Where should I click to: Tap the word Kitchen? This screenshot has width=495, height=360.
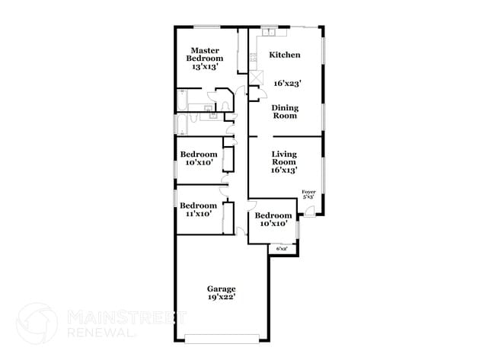tap(286, 55)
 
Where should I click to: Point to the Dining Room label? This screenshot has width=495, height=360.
tap(286, 112)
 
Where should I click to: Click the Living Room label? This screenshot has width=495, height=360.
tap(284, 158)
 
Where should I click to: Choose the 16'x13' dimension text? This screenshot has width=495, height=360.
tap(284, 170)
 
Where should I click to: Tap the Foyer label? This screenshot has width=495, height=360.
tap(308, 192)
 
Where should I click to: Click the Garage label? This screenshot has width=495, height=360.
tap(222, 288)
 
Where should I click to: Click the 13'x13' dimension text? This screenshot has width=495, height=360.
tap(206, 67)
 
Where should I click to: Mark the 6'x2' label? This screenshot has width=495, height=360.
tap(282, 248)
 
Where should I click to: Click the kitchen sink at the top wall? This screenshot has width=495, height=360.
tap(270, 32)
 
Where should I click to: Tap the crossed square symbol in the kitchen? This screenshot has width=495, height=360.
tap(255, 78)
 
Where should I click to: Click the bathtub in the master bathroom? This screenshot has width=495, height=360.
tap(183, 100)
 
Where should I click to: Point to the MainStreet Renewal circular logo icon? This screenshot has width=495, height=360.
tap(37, 322)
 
